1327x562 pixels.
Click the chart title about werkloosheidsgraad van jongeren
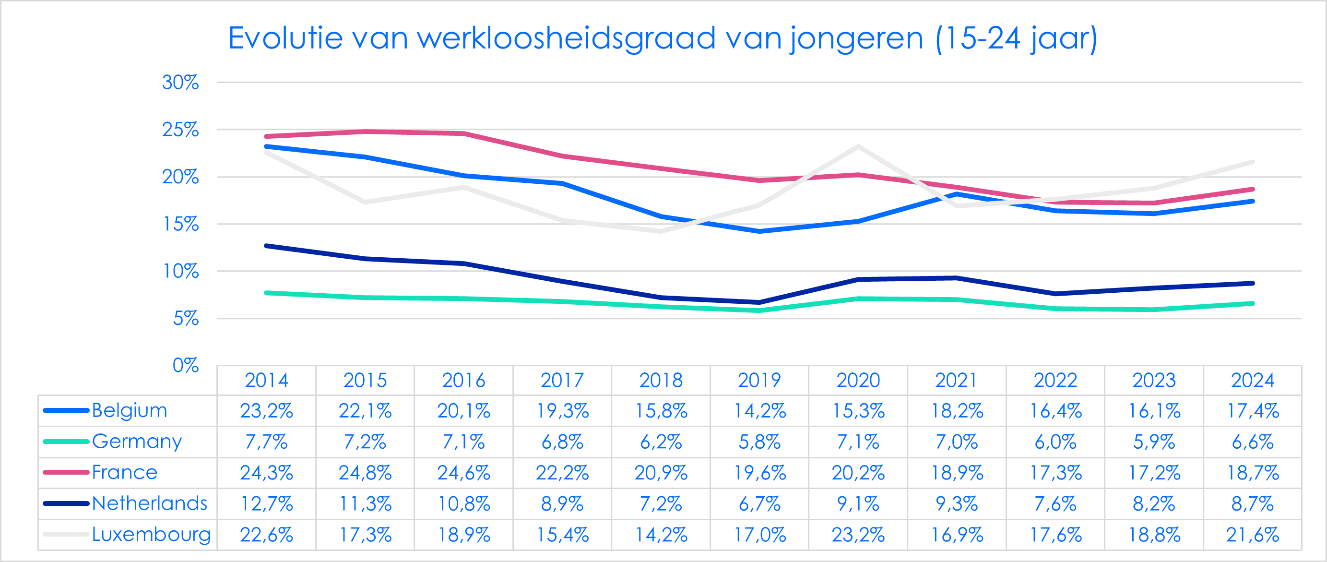click(x=663, y=38)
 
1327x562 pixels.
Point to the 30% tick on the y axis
click(x=180, y=83)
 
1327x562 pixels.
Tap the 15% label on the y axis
click(x=180, y=224)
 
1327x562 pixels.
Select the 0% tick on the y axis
click(x=186, y=365)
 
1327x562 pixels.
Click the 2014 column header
click(x=266, y=381)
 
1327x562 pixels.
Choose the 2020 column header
click(x=858, y=381)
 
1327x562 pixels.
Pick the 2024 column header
click(x=1252, y=381)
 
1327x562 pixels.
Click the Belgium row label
click(x=130, y=410)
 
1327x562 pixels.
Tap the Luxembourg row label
click(x=151, y=535)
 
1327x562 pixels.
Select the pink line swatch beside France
click(x=66, y=472)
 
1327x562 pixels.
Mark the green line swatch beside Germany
click(x=66, y=442)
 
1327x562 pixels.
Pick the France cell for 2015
click(x=365, y=473)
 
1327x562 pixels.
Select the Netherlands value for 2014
click(x=266, y=504)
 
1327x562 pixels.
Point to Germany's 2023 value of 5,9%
click(x=1154, y=442)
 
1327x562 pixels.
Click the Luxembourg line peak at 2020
click(x=858, y=146)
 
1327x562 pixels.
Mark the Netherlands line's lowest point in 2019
click(x=759, y=302)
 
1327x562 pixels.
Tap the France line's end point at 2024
click(x=1252, y=189)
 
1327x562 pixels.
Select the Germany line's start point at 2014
click(x=266, y=293)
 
